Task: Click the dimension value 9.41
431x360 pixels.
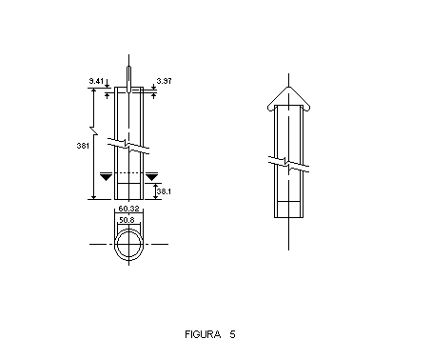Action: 96,81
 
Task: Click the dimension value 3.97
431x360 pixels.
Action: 164,81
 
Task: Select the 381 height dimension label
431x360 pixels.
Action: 83,146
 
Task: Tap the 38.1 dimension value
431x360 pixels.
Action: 164,191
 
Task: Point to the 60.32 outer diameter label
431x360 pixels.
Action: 128,209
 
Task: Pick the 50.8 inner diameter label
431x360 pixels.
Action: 127,220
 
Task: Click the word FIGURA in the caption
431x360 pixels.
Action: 203,334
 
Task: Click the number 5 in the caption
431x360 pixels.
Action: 233,334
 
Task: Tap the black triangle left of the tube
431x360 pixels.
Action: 106,177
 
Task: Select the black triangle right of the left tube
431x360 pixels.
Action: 151,177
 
